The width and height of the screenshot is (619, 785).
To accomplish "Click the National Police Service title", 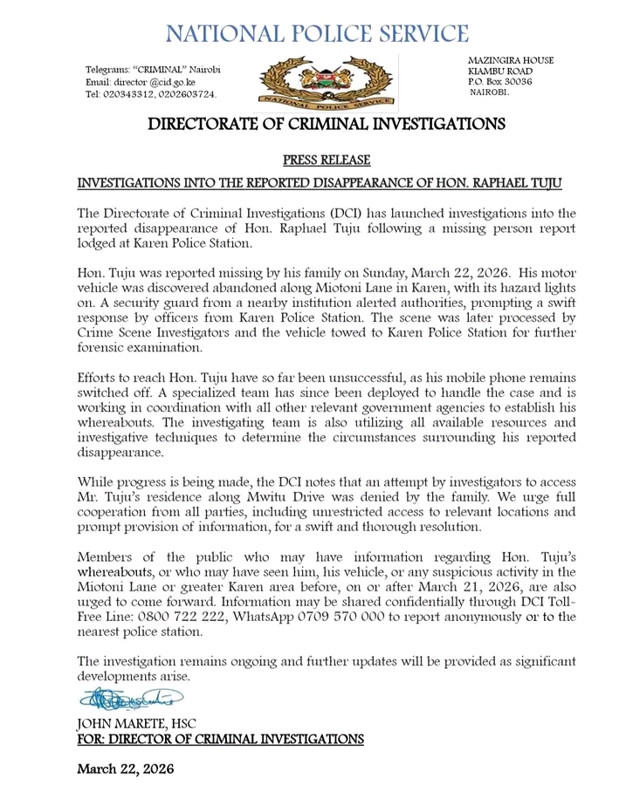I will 317,33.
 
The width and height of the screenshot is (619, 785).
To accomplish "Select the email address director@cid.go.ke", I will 152,81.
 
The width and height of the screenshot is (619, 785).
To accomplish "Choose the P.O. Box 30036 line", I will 500,81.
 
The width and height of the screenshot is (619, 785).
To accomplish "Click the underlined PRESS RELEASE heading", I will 327,160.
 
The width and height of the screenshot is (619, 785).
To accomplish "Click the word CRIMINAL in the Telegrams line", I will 159,69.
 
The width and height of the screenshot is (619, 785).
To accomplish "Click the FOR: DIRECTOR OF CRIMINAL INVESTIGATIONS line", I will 220,739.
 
